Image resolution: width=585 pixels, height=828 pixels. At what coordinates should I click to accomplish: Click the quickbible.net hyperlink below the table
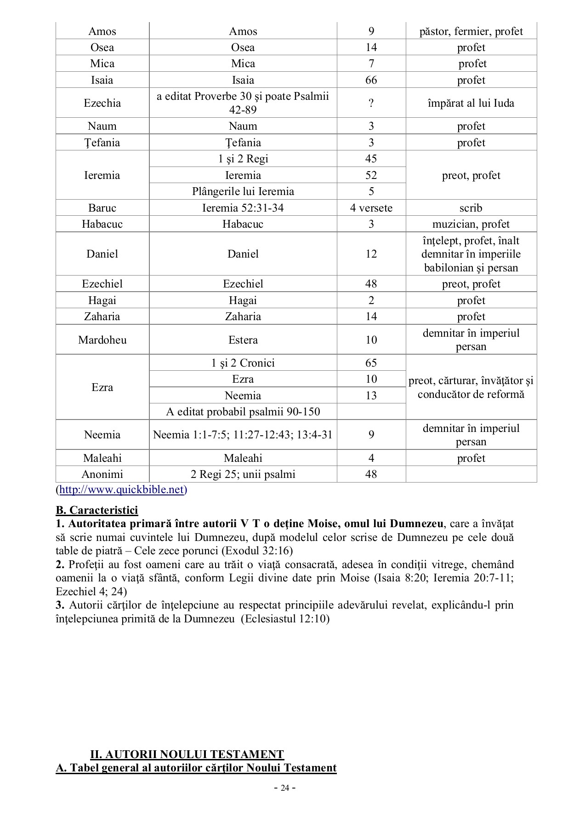121,489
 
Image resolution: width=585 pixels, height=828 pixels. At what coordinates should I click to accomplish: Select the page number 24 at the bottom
284,788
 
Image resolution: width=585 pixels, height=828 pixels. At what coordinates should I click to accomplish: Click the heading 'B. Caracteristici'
97,510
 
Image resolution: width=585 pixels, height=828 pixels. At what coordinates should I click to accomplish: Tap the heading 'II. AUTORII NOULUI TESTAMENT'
187,754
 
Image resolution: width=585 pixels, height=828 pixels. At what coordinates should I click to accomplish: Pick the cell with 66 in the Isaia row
371,80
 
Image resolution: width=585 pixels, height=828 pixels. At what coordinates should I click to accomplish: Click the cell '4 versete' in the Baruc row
371,208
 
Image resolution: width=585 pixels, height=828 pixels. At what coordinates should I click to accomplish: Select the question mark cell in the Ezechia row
371,103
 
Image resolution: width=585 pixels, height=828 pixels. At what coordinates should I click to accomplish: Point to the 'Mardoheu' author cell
102,340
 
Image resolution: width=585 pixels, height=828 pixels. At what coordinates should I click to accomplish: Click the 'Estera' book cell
243,340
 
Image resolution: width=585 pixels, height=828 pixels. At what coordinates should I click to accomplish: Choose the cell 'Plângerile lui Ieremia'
243,191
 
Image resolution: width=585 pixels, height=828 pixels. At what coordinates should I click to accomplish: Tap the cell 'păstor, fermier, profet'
471,31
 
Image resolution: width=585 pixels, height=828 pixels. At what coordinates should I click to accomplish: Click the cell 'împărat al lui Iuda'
471,103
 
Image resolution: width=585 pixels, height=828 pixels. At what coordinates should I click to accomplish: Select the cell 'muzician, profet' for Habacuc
471,224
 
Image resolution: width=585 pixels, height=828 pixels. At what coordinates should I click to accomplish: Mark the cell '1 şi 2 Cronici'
243,363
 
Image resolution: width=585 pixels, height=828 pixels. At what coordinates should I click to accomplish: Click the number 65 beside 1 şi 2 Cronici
371,363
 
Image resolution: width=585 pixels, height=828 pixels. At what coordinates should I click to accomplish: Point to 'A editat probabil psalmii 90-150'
243,412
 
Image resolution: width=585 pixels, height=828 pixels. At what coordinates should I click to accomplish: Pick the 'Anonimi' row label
102,474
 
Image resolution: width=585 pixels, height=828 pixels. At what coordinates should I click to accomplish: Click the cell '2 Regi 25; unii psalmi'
243,474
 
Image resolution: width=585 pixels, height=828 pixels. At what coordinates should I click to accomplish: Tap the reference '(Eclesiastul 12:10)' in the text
287,619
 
